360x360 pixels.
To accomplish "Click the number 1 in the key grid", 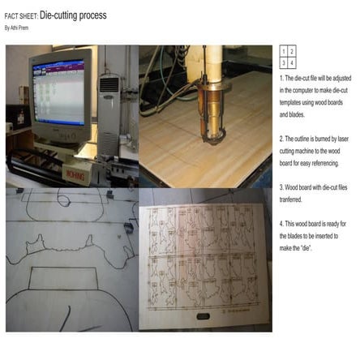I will coord(284,50).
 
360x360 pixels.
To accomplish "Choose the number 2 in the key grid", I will coord(293,50).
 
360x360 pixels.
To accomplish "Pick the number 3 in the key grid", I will coord(284,61).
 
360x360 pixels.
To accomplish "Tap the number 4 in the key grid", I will coord(293,61).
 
